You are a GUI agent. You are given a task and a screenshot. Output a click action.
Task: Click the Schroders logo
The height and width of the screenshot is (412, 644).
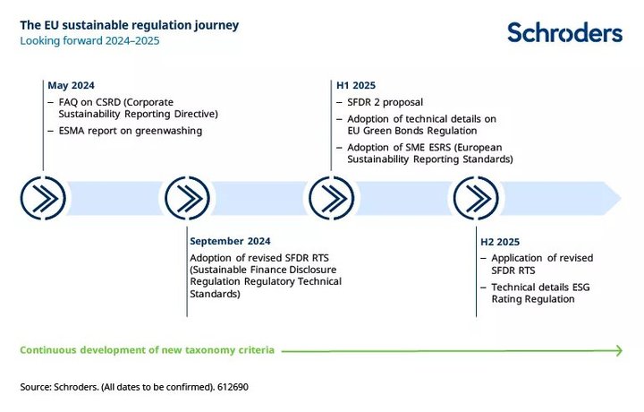pos(564,32)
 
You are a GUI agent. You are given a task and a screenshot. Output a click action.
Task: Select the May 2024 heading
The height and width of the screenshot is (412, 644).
pos(71,85)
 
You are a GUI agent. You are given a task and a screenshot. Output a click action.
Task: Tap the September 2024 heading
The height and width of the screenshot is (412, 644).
pos(230,241)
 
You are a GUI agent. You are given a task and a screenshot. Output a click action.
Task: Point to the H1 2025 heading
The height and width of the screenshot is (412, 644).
pos(356,85)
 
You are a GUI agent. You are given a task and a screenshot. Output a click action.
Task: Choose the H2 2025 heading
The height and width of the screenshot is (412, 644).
pos(500,242)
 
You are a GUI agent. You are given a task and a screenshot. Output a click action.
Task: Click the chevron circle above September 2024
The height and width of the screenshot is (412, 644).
pos(187,198)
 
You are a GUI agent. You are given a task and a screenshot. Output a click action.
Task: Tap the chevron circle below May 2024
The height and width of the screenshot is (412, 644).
pos(43,198)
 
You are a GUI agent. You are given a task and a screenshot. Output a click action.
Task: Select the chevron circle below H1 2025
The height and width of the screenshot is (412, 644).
pos(332,198)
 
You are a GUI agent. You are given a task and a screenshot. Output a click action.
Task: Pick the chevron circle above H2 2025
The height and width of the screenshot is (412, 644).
pos(476,198)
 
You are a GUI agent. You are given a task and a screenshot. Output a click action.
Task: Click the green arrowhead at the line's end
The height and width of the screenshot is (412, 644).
pos(619,351)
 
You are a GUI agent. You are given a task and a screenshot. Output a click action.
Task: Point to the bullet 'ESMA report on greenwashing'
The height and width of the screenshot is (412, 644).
pos(131,131)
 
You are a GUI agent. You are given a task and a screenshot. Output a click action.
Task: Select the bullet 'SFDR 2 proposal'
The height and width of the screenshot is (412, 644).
pos(385,102)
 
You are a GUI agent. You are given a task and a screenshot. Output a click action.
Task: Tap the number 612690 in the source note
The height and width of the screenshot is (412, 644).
pos(233,387)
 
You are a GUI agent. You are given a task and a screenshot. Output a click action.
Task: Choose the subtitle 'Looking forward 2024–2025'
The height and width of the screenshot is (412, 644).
pos(89,40)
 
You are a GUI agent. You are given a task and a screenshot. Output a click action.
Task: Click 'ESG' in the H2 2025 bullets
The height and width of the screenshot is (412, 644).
pos(580,287)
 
